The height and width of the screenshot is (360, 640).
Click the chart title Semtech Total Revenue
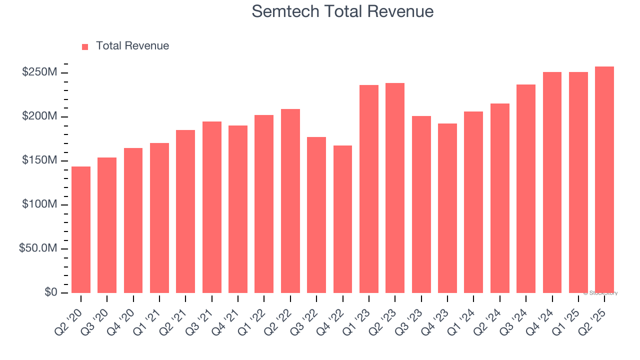[x=342, y=11]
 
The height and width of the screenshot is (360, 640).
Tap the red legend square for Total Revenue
[x=85, y=46]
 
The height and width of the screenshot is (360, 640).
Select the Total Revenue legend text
[x=132, y=46]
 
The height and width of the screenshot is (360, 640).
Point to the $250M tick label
[x=39, y=72]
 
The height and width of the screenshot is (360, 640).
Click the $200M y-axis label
[x=39, y=116]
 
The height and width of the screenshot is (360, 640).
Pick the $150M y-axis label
[x=39, y=160]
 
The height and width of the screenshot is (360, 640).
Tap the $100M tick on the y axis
[x=39, y=204]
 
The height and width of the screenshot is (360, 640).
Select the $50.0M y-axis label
[x=38, y=248]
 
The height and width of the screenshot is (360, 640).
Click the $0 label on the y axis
[x=50, y=292]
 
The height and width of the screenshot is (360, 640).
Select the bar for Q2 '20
[x=81, y=230]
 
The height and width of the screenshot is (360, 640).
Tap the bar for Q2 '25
[x=604, y=180]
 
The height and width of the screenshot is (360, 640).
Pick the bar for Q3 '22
[x=316, y=215]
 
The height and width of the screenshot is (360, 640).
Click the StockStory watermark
[x=600, y=293]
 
